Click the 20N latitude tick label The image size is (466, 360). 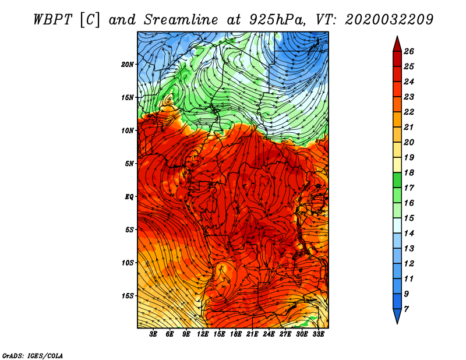pos(127,65)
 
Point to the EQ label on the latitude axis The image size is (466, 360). pos(129,197)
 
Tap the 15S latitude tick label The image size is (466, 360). pos(127,296)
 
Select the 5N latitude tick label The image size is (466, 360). pos(129,164)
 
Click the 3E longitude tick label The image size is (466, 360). pos(153,334)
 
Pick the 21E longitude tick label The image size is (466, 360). pos(252,334)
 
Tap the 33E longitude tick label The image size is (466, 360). pos(318,334)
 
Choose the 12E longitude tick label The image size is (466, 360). pos(203,334)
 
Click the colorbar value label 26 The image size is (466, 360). pos(409,51)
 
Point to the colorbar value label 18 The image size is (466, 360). pos(409,172)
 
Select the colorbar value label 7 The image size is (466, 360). pos(406,309)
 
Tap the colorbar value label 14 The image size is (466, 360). pos(409,234)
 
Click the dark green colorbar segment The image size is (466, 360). pos(397,180)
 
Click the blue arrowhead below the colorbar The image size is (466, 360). pos(397,316)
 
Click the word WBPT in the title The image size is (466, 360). pos(52,20)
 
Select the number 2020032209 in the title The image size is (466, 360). pos(389,20)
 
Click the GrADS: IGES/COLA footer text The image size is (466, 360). pos(33,355)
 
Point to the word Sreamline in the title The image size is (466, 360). pos(181,20)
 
